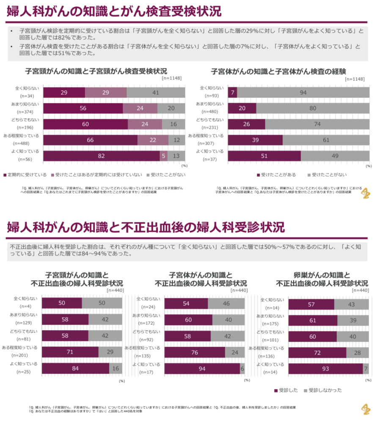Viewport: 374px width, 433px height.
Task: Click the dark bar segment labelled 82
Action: coord(102,156)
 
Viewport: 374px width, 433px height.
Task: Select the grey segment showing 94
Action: coord(303,92)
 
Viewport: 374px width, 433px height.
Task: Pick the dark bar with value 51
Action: coord(264,156)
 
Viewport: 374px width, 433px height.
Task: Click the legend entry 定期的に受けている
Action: coord(25,174)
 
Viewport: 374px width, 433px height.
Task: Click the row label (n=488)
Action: coord(27,143)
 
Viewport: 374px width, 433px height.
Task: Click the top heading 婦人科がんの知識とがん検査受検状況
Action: coord(114,11)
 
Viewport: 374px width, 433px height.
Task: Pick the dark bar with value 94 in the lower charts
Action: coord(202,368)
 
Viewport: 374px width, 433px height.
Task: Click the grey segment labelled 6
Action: coord(242,368)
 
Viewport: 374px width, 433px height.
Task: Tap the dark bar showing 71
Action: coord(70,352)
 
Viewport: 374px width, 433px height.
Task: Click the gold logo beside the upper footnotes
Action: coord(365,193)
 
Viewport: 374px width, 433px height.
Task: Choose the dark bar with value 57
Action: coord(311,304)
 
